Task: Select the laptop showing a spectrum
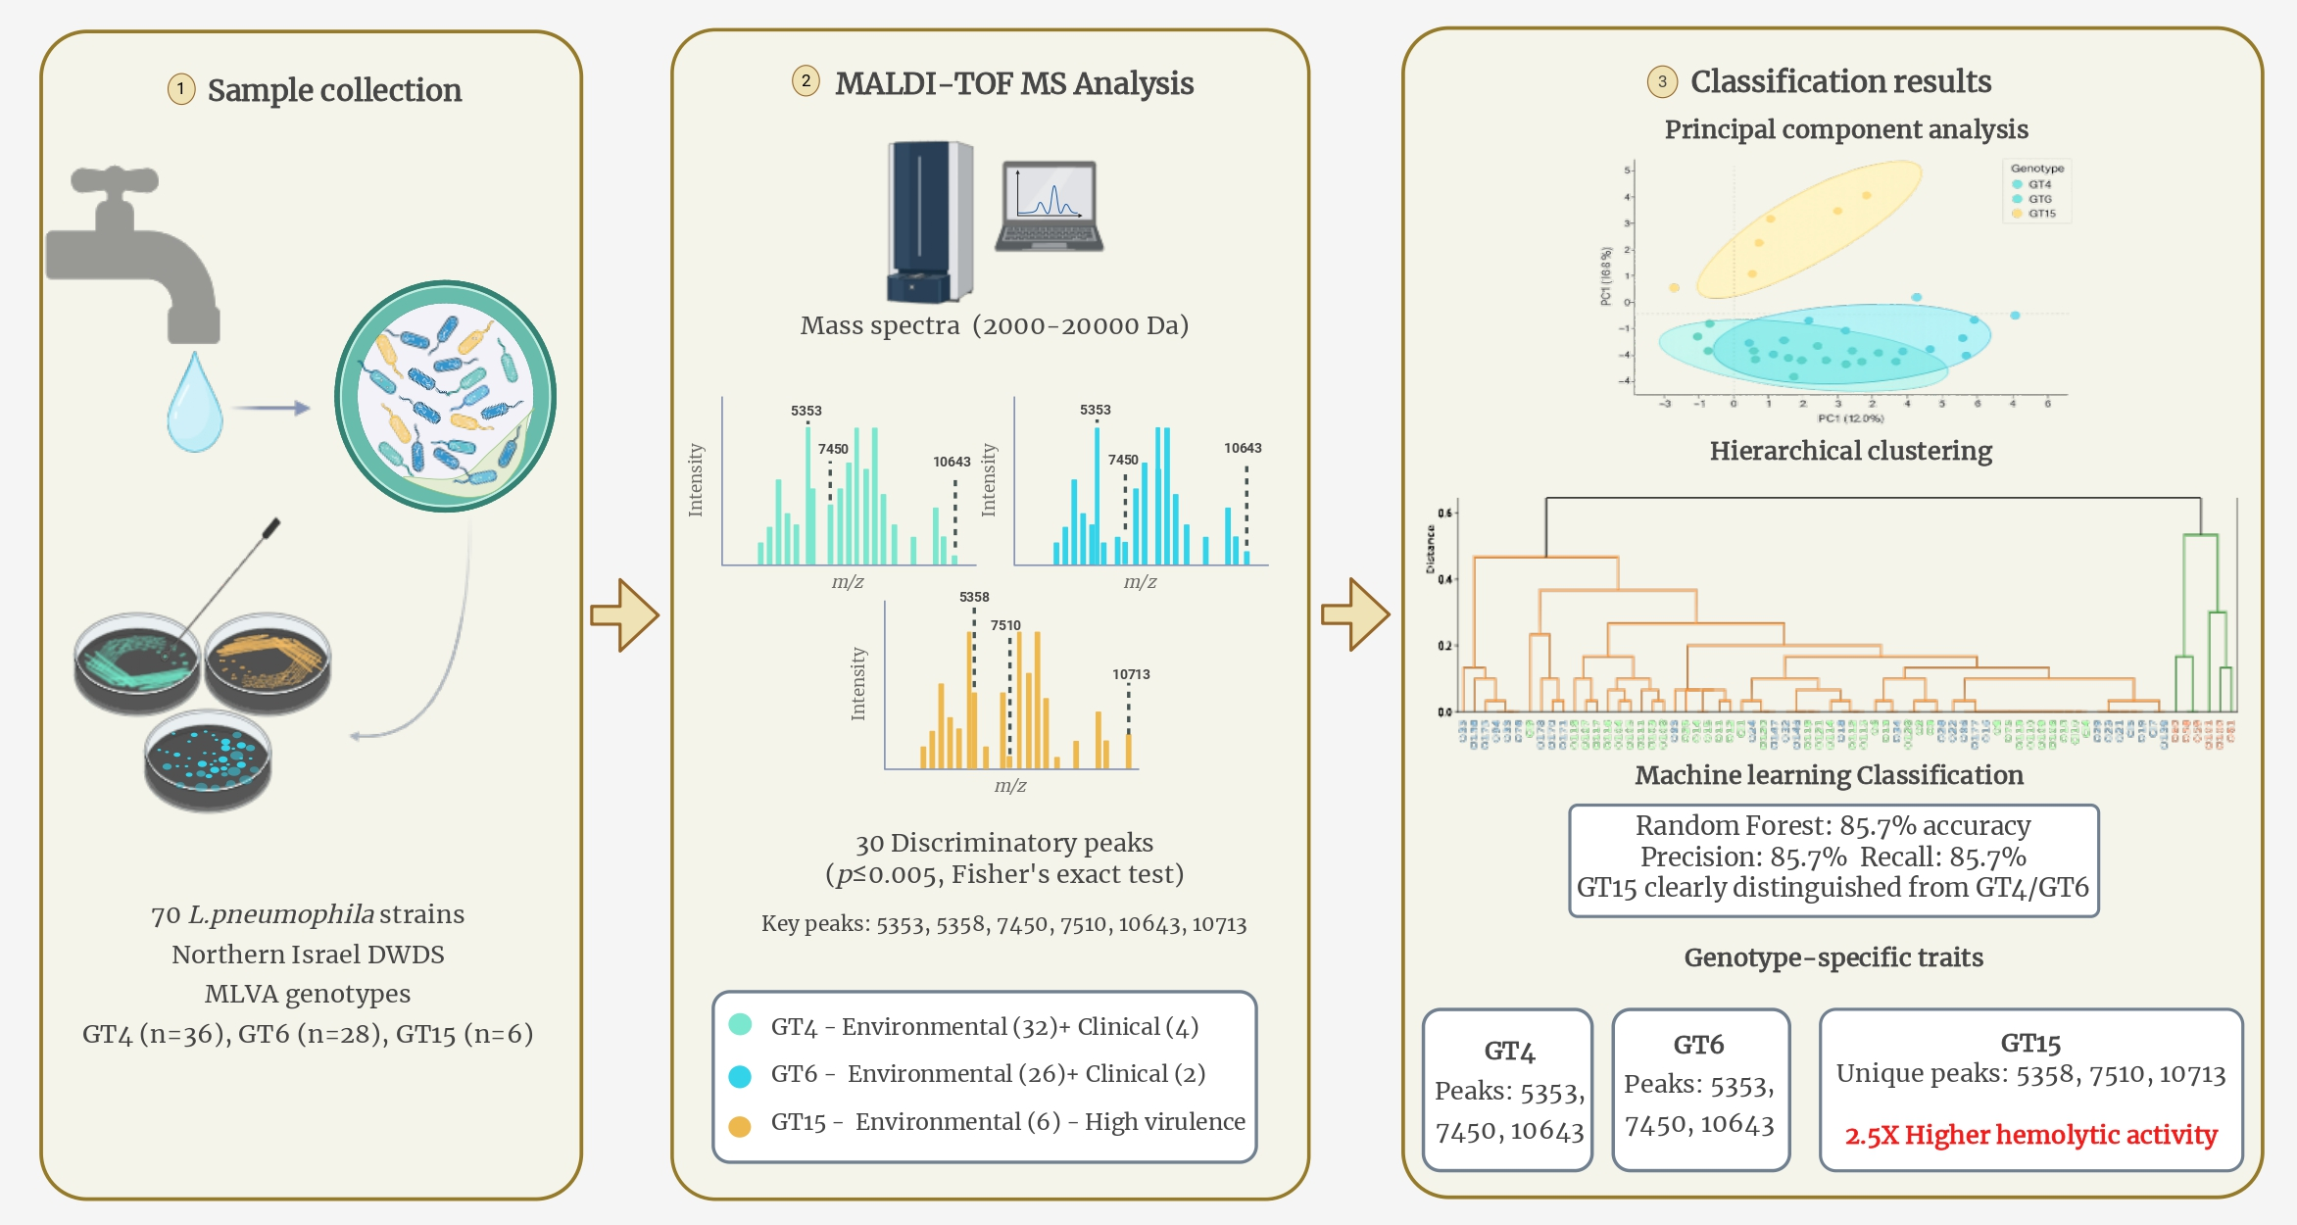click(1050, 207)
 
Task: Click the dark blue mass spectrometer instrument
click(928, 221)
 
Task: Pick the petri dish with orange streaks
click(268, 663)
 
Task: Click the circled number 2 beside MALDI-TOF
click(806, 81)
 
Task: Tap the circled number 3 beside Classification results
click(1662, 81)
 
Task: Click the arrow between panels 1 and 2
click(624, 615)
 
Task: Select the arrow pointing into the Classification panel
click(1355, 614)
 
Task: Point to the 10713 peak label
click(1131, 674)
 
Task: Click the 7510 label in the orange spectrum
click(1005, 625)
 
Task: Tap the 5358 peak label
click(974, 597)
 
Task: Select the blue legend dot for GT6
click(740, 1076)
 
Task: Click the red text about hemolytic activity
click(2030, 1135)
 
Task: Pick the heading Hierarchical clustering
click(1850, 451)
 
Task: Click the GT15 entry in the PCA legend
click(2041, 214)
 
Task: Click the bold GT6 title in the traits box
click(1698, 1045)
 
